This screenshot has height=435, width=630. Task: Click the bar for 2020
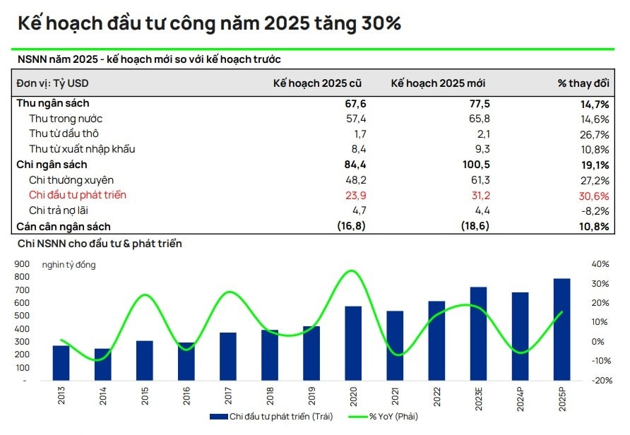point(353,343)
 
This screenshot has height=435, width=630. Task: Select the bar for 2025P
point(561,329)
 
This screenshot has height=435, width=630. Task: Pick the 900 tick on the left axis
point(20,264)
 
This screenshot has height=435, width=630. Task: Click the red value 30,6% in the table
point(594,195)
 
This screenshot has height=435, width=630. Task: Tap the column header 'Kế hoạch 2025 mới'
point(438,83)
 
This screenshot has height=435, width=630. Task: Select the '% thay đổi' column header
point(583,83)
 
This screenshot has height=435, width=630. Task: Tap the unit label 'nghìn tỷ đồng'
point(69,265)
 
